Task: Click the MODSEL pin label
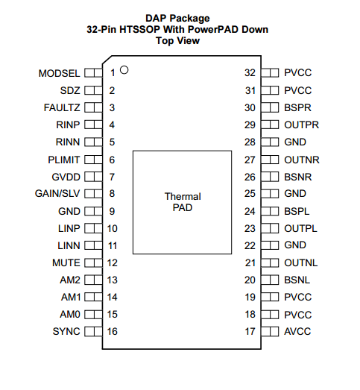(x=59, y=73)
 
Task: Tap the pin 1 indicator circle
(x=124, y=70)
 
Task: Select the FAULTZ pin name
(x=62, y=107)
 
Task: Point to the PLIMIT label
(x=64, y=160)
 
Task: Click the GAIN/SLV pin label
(x=57, y=193)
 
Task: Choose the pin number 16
(x=112, y=331)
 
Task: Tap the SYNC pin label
(x=66, y=331)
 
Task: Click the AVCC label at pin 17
(x=297, y=331)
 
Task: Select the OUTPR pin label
(x=302, y=125)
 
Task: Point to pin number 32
(x=250, y=72)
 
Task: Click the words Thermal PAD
(x=183, y=202)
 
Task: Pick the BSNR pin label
(x=298, y=177)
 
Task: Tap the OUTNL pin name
(x=301, y=263)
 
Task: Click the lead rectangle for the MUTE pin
(x=93, y=263)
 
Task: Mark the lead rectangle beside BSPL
(x=270, y=212)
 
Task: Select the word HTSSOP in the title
(x=139, y=29)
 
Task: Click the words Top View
(x=177, y=40)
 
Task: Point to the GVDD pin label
(x=66, y=177)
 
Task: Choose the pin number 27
(x=250, y=160)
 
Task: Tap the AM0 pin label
(x=70, y=315)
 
